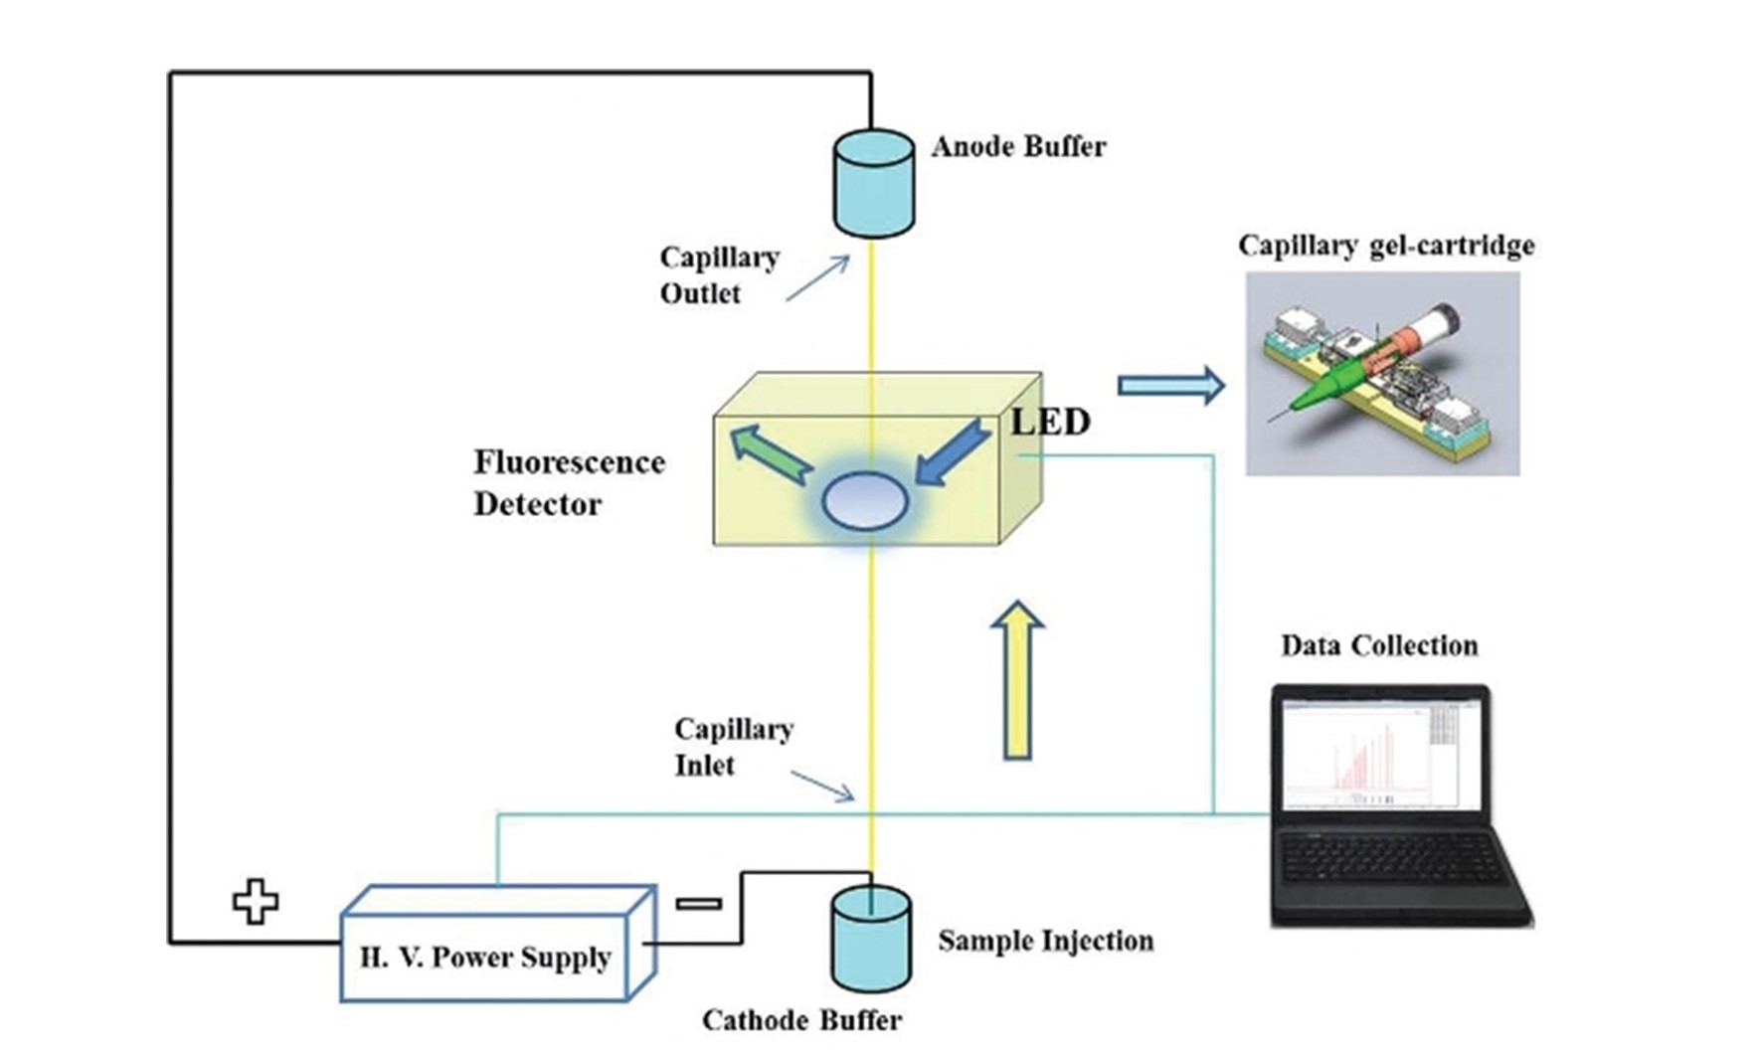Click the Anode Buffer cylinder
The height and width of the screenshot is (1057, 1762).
tap(873, 184)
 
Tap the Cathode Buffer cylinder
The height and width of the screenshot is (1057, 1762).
tap(870, 940)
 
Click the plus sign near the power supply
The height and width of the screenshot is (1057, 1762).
tap(256, 901)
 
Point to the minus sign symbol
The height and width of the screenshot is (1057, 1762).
tap(699, 903)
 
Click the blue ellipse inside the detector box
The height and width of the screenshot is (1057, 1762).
tap(865, 500)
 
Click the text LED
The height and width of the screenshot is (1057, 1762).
tap(1050, 422)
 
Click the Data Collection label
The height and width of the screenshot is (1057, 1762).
tap(1378, 646)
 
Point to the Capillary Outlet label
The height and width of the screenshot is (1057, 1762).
tap(718, 275)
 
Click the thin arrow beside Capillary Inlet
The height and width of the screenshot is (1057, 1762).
tap(822, 786)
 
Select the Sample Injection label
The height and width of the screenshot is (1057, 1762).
tap(1045, 941)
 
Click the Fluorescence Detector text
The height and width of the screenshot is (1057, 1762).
tap(569, 482)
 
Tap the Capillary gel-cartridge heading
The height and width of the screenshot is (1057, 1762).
tap(1385, 246)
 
